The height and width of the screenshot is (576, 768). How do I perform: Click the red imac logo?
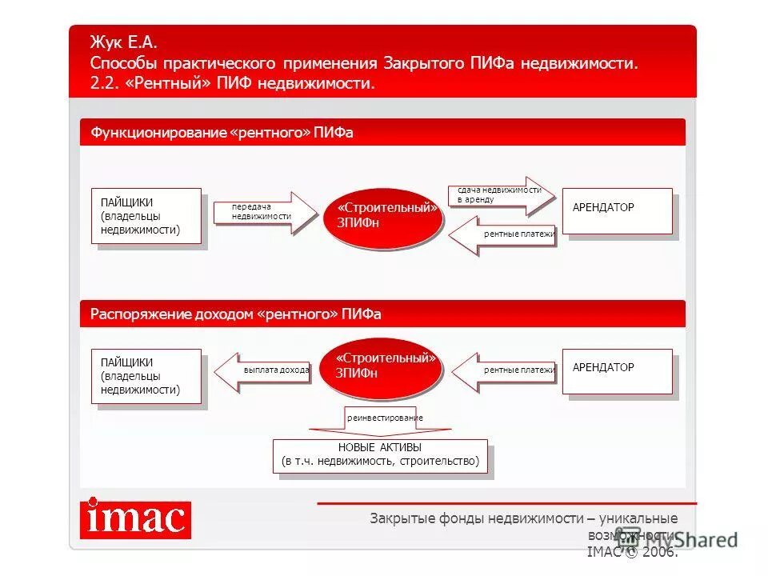(135, 520)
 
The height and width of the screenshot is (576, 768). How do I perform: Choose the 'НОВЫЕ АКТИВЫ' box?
(380, 455)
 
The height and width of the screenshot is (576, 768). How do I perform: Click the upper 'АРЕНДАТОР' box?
(617, 211)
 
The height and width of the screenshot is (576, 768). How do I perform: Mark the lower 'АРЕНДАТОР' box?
(617, 371)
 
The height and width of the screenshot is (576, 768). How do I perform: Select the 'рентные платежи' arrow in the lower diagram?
(504, 371)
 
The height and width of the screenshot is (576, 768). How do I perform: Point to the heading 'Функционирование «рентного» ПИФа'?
(222, 134)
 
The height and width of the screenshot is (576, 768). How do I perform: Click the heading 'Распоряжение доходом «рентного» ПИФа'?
(236, 314)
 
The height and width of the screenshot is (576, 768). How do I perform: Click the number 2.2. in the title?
(104, 84)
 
